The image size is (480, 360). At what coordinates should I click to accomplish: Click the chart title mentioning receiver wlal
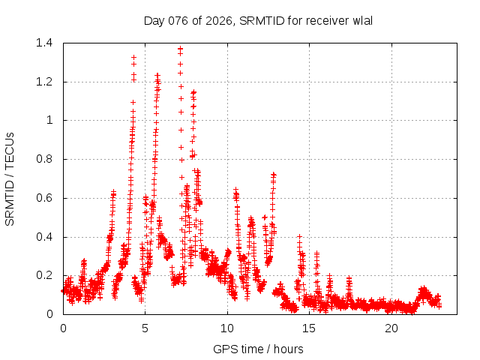[x=258, y=20]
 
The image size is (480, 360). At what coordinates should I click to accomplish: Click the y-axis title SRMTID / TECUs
[x=10, y=178]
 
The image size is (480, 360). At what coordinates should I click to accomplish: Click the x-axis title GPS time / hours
[x=258, y=349]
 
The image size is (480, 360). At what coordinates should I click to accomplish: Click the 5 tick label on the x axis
[x=145, y=328]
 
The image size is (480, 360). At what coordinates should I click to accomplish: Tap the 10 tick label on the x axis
[x=227, y=328]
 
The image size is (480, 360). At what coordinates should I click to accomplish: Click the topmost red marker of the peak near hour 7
[x=180, y=49]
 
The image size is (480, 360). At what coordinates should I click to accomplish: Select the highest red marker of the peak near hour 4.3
[x=133, y=57]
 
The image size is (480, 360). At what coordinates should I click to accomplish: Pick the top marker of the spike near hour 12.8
[x=274, y=174]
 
